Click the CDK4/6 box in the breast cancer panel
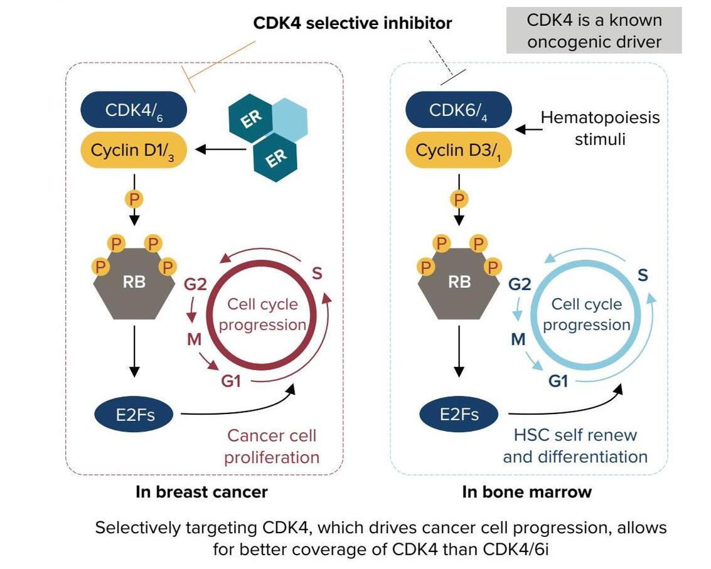point(134,110)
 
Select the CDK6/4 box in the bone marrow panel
point(459,110)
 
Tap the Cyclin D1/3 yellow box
point(134,150)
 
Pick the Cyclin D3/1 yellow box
point(459,150)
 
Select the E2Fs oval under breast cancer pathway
point(134,414)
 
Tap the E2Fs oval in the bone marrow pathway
point(459,414)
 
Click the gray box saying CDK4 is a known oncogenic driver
point(594,30)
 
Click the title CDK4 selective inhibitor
point(352,23)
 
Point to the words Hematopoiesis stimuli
point(600,129)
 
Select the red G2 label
point(195,284)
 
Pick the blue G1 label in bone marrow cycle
point(558,381)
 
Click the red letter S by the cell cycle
point(317,274)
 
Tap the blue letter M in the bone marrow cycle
point(518,339)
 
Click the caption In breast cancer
point(201,492)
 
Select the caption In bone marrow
point(527,492)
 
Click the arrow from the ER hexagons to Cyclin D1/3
point(221,149)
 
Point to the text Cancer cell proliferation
point(272,446)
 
